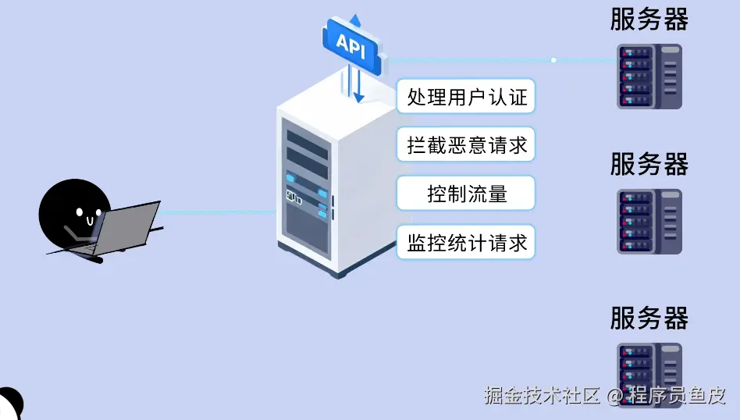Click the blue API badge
[x=351, y=44]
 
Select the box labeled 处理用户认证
[x=467, y=98]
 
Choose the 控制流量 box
[x=467, y=194]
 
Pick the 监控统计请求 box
[x=467, y=243]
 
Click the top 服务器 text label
[x=649, y=19]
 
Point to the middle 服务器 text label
[x=649, y=165]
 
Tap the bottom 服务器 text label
[x=649, y=319]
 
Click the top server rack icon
[x=649, y=76]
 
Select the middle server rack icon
[x=649, y=221]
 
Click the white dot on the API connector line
[x=553, y=60]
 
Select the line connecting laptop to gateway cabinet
[x=219, y=212]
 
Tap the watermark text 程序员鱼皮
[x=677, y=396]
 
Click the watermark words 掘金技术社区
[x=542, y=396]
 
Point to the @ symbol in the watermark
[x=615, y=397]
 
